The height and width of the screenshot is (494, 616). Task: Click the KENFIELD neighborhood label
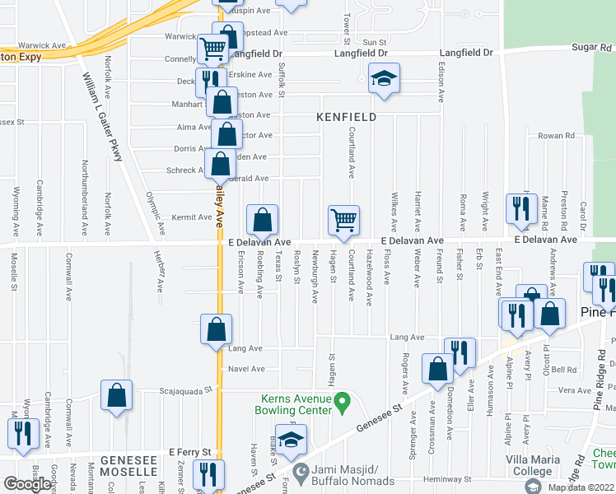point(347,118)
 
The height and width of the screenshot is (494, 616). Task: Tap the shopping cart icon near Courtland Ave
point(343,220)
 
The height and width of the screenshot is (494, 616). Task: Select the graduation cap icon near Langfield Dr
point(383,78)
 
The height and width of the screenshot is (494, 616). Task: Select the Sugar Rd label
point(593,48)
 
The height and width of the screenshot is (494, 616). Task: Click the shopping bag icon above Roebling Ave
point(263,220)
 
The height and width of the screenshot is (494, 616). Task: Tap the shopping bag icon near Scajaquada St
point(117,394)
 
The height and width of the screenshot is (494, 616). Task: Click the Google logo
point(27,484)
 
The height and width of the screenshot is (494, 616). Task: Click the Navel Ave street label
point(246,369)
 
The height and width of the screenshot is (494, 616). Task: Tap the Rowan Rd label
point(556,136)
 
